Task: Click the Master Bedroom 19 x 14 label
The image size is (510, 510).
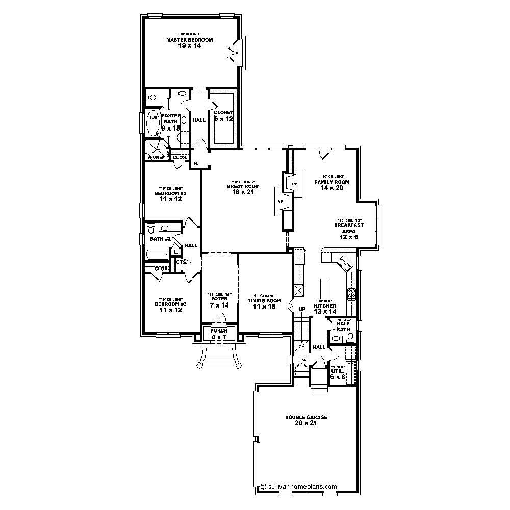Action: tap(189, 42)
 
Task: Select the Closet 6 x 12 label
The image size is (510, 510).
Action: tap(223, 115)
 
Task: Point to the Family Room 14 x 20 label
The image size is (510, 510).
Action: tap(331, 184)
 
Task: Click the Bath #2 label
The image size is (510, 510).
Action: tap(160, 239)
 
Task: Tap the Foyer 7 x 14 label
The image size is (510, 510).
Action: tap(219, 302)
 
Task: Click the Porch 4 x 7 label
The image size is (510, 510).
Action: tap(219, 334)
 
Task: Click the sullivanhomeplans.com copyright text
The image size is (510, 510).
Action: tap(299, 487)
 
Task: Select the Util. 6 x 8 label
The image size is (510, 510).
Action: tap(337, 374)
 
